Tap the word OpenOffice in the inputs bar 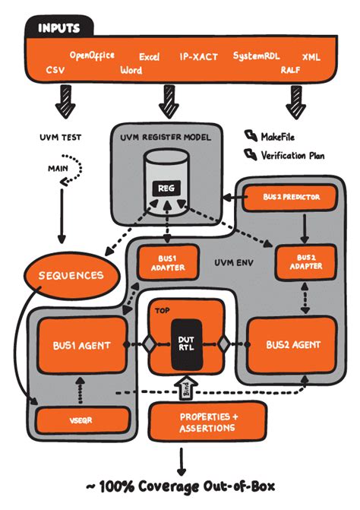pos(92,55)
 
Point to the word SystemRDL pos(256,56)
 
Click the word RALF pos(290,69)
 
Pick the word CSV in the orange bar pos(55,69)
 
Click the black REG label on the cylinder pos(166,187)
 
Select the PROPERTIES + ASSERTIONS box pos(208,423)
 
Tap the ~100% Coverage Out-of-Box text pos(179,487)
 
